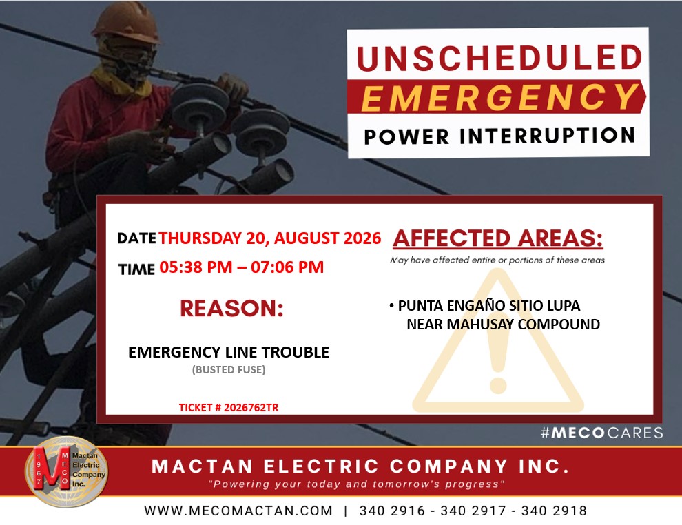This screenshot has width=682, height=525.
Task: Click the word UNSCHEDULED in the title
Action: [499, 58]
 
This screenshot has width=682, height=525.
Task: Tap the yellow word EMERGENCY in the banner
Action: [499, 97]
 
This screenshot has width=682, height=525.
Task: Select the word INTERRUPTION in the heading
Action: [548, 136]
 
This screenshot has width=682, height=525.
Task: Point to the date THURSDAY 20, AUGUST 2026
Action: [269, 238]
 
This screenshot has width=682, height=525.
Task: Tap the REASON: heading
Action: [232, 309]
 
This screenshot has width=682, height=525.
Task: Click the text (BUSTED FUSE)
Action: [229, 370]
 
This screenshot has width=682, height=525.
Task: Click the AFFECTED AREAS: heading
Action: [498, 238]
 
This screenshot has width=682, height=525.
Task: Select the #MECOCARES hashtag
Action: [602, 433]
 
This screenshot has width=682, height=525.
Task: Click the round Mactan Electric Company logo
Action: [66, 471]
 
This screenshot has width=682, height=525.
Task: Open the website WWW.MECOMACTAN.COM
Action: [238, 511]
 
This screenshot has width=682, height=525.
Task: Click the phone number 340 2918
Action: [554, 511]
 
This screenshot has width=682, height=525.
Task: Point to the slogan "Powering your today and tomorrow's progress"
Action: [356, 484]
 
